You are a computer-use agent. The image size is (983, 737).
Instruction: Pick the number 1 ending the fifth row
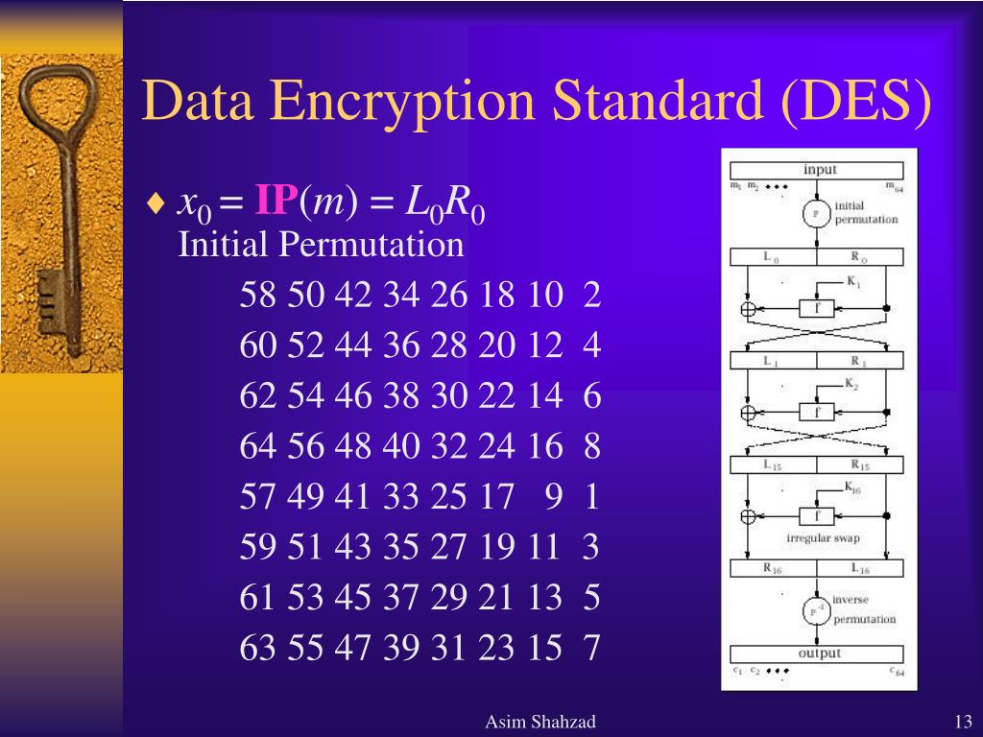591,497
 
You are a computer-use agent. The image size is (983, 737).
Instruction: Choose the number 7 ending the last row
591,649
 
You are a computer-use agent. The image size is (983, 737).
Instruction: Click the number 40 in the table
401,446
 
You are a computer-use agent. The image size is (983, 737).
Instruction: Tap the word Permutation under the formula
371,246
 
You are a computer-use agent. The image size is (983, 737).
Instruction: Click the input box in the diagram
819,170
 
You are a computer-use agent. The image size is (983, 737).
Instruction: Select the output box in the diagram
819,654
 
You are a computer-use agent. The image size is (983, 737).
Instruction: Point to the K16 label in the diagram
853,487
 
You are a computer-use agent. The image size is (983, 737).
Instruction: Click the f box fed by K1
816,308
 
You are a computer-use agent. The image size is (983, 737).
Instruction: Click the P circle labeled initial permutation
816,213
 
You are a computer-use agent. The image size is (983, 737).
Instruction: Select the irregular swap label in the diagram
823,538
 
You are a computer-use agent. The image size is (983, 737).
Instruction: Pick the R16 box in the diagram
773,568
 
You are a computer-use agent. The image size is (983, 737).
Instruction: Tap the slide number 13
964,722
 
